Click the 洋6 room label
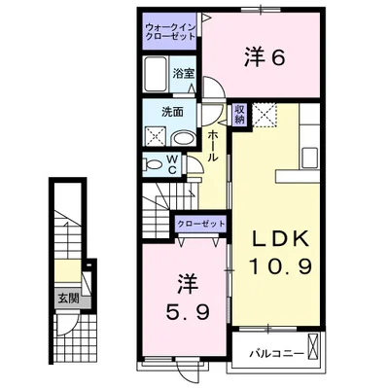pyautogui.click(x=264, y=58)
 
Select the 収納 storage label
pyautogui.click(x=238, y=115)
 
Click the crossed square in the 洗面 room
pyautogui.click(x=156, y=135)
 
